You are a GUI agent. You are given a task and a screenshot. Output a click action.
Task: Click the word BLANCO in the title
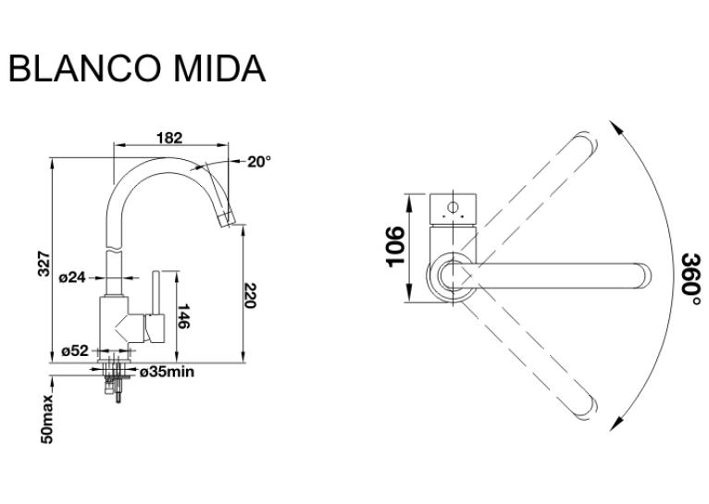coord(85,68)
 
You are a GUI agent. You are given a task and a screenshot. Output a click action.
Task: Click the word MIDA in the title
coord(219,68)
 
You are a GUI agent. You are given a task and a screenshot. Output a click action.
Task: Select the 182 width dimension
coord(169,137)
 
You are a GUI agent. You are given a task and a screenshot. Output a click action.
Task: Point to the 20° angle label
coord(259,161)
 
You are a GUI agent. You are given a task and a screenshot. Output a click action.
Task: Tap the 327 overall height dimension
coord(44,264)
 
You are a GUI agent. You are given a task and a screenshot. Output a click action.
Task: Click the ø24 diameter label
coord(72,277)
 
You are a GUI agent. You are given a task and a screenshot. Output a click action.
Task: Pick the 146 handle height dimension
coord(182,316)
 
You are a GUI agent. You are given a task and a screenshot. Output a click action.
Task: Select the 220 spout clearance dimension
coord(250,296)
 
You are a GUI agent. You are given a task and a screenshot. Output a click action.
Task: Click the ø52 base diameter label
coord(75,350)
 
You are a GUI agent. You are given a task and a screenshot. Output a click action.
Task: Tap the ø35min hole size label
coord(168,372)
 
